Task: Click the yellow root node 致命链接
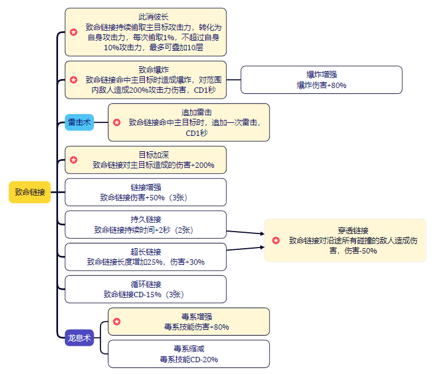[30, 192]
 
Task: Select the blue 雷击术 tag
[79, 123]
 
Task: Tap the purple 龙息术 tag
[79, 337]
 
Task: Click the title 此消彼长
[145, 17]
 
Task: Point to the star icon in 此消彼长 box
[73, 31]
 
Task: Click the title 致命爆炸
[145, 69]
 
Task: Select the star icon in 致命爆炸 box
[73, 79]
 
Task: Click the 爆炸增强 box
[321, 80]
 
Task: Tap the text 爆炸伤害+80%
[321, 85]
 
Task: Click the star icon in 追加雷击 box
[116, 122]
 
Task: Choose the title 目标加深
[145, 155]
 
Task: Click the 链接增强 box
[145, 192]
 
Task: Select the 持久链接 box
[145, 225]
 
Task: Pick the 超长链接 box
[145, 256]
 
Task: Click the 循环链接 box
[145, 289]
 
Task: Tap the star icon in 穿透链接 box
[275, 240]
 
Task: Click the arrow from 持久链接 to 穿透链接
[245, 232]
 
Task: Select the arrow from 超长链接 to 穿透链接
[245, 248]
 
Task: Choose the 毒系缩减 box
[188, 354]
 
